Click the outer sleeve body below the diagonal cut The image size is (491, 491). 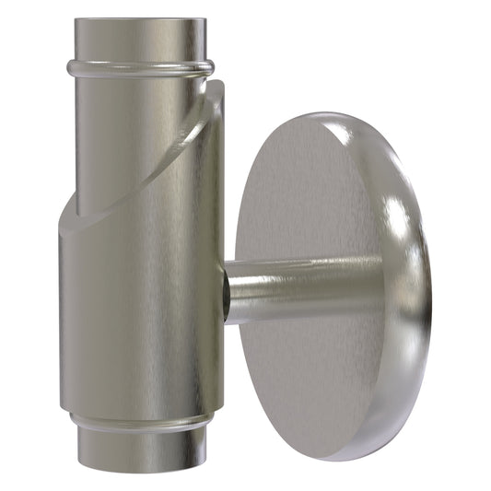click(x=138, y=313)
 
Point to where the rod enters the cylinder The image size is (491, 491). click(x=227, y=291)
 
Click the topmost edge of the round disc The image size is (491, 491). click(x=336, y=114)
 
